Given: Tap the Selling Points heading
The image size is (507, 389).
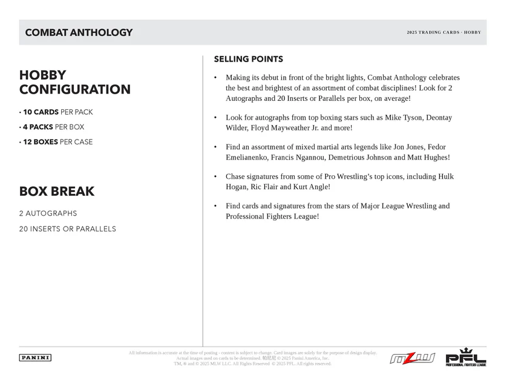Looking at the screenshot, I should [x=248, y=59].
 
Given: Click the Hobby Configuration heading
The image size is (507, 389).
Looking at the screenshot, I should [x=75, y=82].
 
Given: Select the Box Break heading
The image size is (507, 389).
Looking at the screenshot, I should [x=57, y=191].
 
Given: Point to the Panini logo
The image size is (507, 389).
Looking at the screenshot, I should [x=36, y=358].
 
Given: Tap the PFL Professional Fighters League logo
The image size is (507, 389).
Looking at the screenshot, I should [x=465, y=358].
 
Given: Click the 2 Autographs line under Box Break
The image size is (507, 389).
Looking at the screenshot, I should [x=48, y=213].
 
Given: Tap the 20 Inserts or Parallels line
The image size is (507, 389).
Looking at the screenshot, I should [x=68, y=229].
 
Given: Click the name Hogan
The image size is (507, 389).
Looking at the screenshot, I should [x=238, y=187].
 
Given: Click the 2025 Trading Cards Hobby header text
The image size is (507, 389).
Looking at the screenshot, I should [x=443, y=33].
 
